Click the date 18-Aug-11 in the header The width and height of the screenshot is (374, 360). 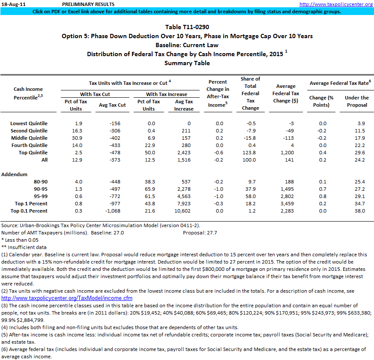[14, 4]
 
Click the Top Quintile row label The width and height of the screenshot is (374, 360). [31, 153]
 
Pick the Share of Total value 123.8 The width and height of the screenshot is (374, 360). [251, 153]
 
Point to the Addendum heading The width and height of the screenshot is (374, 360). [15, 174]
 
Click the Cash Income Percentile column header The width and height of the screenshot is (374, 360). [28, 93]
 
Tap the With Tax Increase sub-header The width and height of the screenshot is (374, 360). [167, 94]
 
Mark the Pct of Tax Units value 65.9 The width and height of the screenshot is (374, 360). [149, 189]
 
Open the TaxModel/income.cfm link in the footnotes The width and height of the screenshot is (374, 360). [67, 298]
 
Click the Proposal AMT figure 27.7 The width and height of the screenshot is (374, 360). [212, 233]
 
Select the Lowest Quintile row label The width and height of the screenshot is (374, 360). [29, 123]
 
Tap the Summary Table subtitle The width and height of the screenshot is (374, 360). [187, 63]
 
